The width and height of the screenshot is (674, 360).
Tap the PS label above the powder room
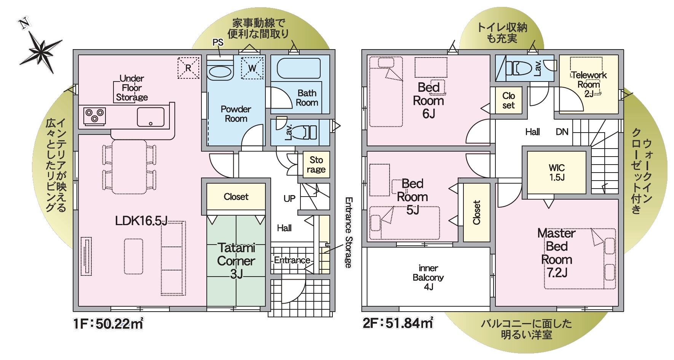(218, 42)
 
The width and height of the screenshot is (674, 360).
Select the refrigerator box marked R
(188, 68)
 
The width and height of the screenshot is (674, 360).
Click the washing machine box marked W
(252, 68)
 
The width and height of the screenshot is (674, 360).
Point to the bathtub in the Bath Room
(299, 69)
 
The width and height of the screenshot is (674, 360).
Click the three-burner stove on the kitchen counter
(95, 116)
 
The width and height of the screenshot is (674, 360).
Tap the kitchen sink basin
(151, 117)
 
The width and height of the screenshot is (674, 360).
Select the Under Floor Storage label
(132, 88)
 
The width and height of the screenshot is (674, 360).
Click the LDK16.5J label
(141, 221)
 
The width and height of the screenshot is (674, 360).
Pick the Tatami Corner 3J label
(236, 261)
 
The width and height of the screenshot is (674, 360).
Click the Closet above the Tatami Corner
(236, 197)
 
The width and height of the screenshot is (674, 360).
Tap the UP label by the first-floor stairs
(289, 198)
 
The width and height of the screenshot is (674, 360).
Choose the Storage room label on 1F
(316, 165)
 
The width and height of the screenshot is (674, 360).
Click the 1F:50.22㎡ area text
(109, 323)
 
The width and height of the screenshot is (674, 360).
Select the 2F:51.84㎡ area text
(398, 323)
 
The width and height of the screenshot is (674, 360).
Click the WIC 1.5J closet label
(557, 173)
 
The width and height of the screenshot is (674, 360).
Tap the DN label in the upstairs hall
(562, 132)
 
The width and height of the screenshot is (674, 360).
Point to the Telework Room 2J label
(589, 84)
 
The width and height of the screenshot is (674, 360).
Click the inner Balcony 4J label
(428, 277)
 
